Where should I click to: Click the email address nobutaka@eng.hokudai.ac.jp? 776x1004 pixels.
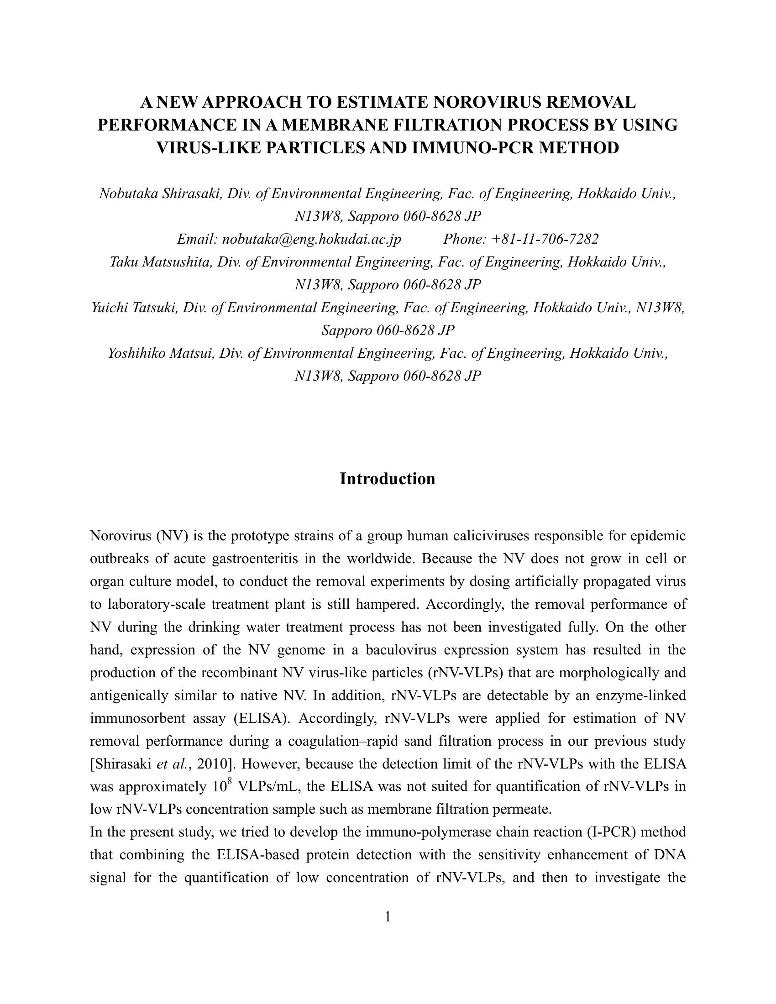click(x=312, y=239)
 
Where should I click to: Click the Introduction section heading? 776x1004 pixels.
click(x=388, y=479)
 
